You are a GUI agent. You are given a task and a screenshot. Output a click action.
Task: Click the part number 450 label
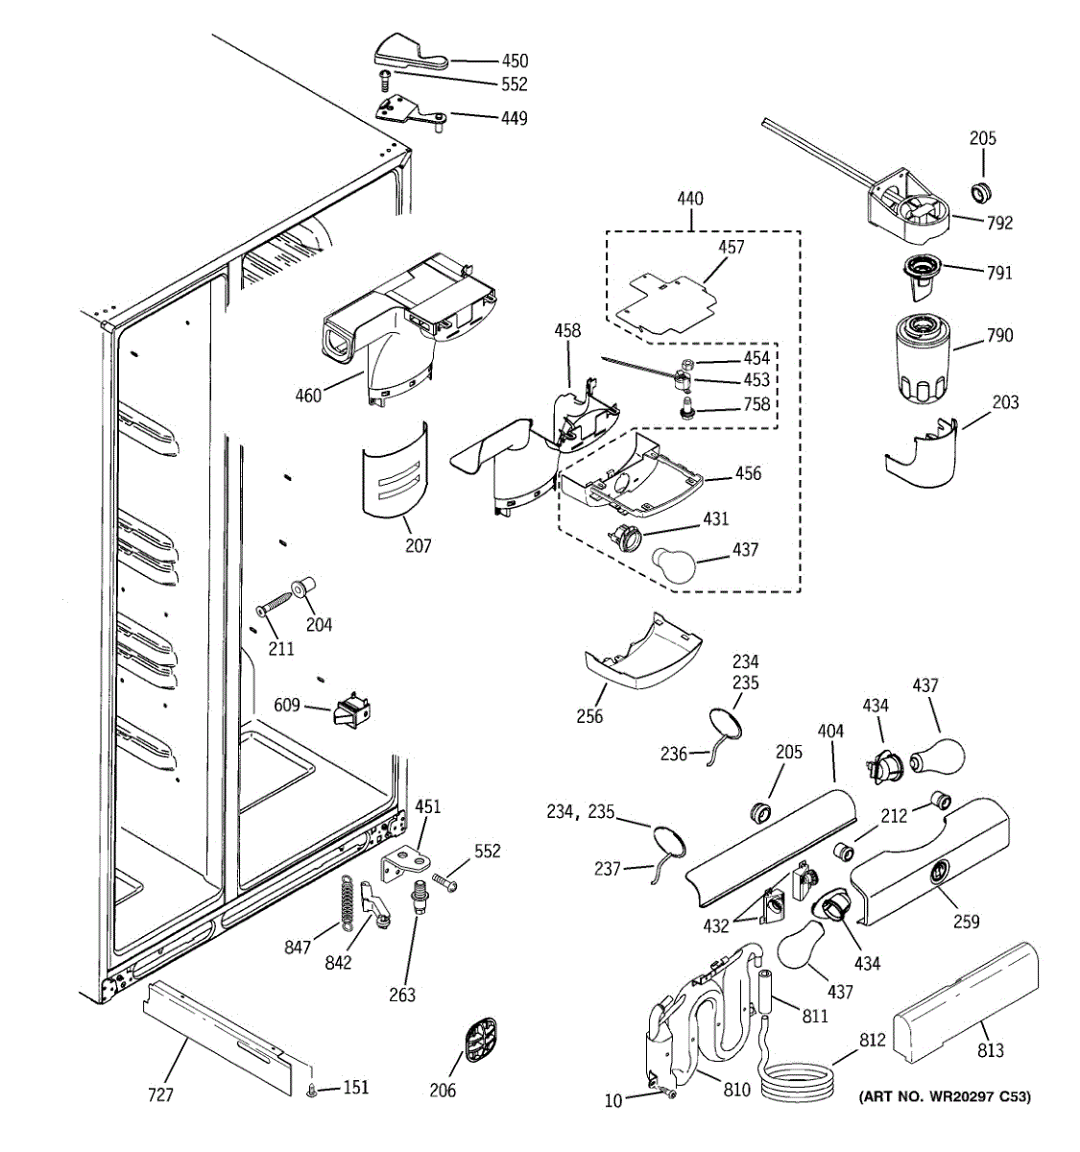[x=513, y=60]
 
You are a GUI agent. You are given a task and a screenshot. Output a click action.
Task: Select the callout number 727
[x=160, y=1093]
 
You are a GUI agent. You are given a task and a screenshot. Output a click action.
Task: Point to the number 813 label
[x=990, y=1049]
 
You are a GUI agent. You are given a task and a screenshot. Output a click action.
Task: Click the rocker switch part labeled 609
[x=351, y=711]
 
